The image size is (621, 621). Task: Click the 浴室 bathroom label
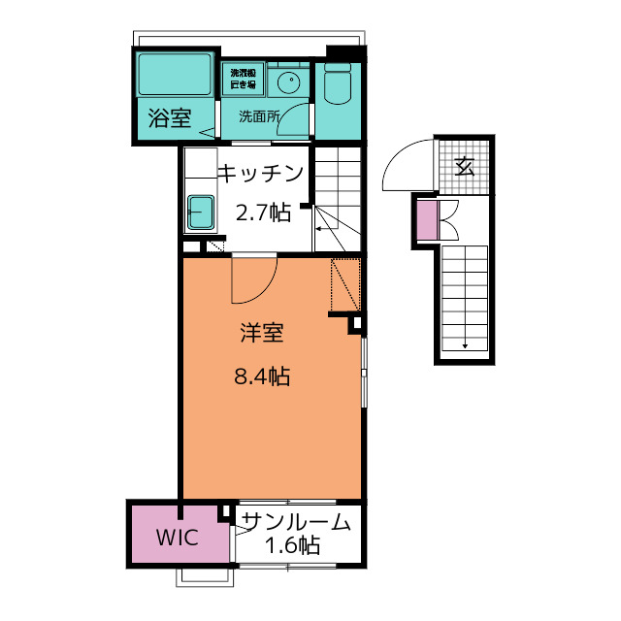[169, 119]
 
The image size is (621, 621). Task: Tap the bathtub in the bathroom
[175, 75]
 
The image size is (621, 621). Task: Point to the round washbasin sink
[288, 82]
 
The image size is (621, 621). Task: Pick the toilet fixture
[337, 85]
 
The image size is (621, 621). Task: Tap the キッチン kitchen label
[260, 174]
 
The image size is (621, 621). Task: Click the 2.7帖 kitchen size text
[263, 212]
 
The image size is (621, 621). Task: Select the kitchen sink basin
[202, 212]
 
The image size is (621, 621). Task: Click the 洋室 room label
[262, 333]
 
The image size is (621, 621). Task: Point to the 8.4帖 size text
[262, 376]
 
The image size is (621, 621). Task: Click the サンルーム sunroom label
[295, 522]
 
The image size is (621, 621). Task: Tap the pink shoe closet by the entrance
[426, 219]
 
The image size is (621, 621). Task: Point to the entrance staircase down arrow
[465, 343]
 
